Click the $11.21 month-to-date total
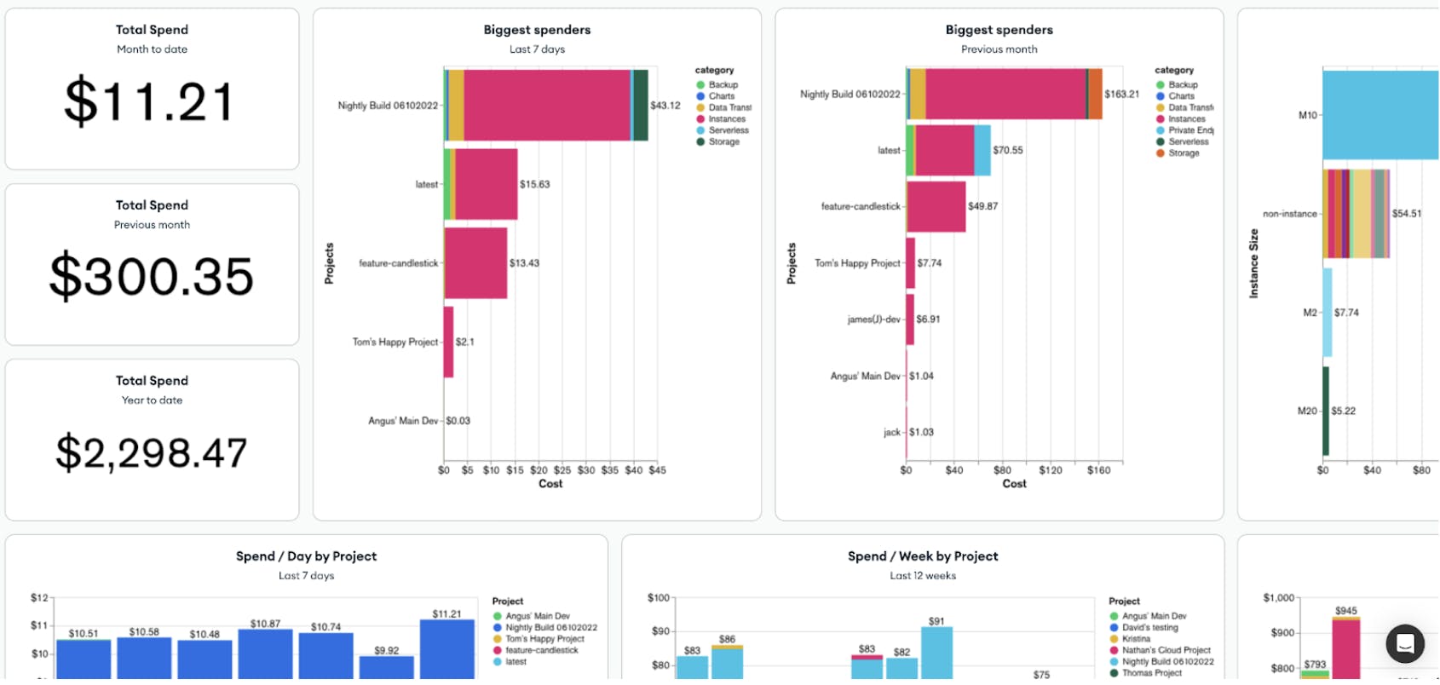click(149, 101)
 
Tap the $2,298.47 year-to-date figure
click(152, 452)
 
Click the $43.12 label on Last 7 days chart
click(665, 106)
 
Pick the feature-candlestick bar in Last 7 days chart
click(475, 262)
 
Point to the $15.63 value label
click(534, 184)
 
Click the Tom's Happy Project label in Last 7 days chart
click(395, 342)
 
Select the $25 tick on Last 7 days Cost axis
click(562, 470)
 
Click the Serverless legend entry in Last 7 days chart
click(728, 130)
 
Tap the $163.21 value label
click(1121, 94)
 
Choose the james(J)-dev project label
click(873, 319)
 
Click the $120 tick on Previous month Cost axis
click(1051, 470)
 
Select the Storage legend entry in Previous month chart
click(1183, 153)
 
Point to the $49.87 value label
click(982, 206)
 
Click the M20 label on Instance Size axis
click(1307, 411)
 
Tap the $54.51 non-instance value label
click(1406, 214)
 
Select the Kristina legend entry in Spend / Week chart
click(1135, 639)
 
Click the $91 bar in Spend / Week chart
click(936, 653)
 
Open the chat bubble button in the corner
click(1405, 644)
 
